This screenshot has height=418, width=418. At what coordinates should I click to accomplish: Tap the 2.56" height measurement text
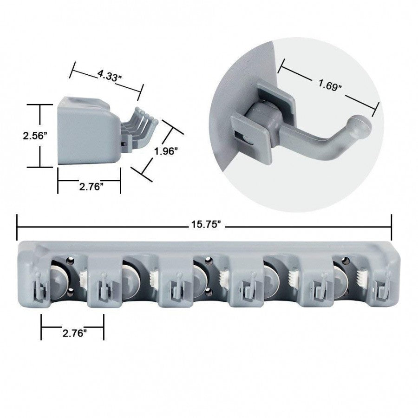tap(36, 136)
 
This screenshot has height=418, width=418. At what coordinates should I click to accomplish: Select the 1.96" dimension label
tap(166, 151)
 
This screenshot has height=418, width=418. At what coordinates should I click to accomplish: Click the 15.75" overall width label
tap(204, 224)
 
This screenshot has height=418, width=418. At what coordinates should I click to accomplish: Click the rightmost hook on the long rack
tap(382, 289)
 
